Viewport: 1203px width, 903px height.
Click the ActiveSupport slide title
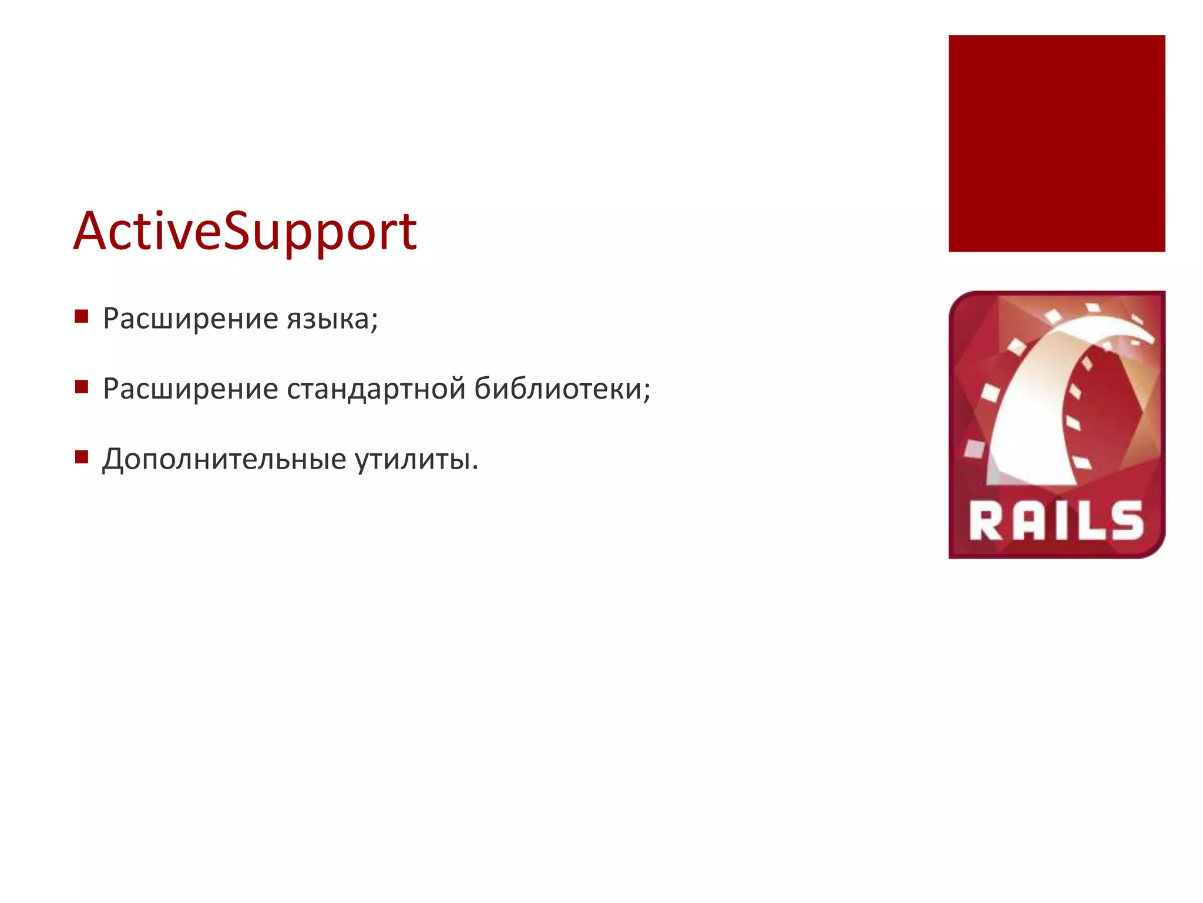[x=245, y=232]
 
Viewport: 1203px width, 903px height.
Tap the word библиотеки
[x=557, y=389]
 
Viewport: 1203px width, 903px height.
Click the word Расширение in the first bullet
[x=190, y=319]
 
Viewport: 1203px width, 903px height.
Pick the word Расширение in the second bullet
[x=190, y=389]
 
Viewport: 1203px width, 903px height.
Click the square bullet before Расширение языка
[x=82, y=317]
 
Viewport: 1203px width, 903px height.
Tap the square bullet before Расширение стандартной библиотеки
[x=82, y=387]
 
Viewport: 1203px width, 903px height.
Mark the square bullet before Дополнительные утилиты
[x=82, y=457]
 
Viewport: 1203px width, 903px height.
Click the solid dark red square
[x=1057, y=143]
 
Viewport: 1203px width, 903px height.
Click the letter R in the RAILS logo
[x=987, y=521]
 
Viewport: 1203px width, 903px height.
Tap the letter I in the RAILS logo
[x=1058, y=521]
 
